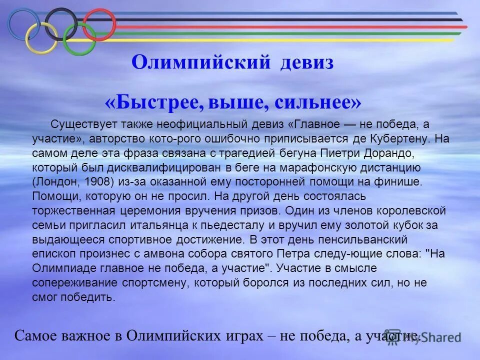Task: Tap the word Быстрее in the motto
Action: (156, 103)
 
